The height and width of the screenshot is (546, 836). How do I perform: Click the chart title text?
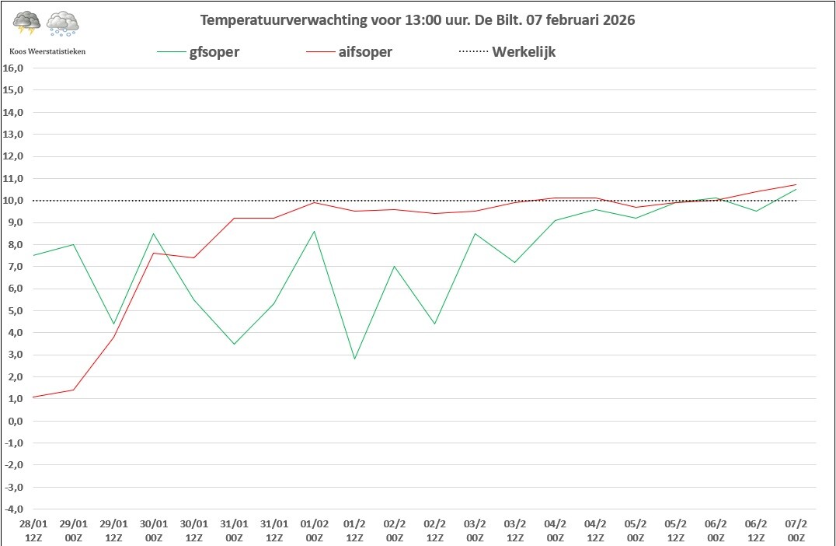tap(417, 20)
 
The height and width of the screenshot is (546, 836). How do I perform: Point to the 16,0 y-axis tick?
tap(15, 68)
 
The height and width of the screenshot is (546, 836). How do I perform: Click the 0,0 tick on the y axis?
tap(16, 421)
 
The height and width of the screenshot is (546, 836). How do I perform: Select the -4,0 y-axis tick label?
tap(15, 509)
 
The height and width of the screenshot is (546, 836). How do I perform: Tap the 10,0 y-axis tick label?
tap(15, 201)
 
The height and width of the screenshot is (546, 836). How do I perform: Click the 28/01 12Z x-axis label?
tap(33, 530)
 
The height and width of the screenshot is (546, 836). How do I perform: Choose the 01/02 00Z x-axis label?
tap(314, 530)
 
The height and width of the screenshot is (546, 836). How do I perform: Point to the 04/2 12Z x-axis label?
tap(595, 530)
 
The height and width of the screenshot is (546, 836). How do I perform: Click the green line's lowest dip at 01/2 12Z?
tap(354, 359)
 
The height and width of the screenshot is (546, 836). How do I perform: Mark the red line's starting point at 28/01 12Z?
tap(33, 397)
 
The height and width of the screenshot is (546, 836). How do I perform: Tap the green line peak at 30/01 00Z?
tap(153, 233)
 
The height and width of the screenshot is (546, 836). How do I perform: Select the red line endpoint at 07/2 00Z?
tap(796, 185)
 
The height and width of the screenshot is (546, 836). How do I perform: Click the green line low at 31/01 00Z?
tap(234, 344)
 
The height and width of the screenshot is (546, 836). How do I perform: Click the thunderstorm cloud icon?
tap(27, 23)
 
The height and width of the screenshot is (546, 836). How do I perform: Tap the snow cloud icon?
tap(62, 24)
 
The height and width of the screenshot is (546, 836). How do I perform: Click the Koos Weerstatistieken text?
tap(47, 51)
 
